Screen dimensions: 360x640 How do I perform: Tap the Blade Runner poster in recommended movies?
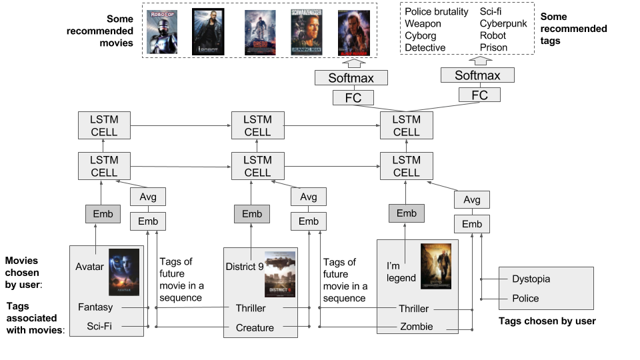(x=353, y=31)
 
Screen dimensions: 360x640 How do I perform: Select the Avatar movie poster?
(x=124, y=271)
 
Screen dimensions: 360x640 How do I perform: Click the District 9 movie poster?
(x=279, y=273)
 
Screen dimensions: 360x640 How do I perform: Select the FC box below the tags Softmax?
(x=480, y=95)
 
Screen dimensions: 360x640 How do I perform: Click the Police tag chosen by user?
(x=525, y=298)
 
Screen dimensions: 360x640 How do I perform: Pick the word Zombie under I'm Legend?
(x=417, y=327)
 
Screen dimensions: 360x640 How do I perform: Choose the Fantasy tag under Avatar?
(x=95, y=307)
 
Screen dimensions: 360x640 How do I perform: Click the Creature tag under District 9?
(x=255, y=327)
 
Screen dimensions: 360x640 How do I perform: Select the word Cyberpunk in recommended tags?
(x=504, y=23)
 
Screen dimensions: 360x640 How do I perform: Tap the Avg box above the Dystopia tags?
(x=471, y=199)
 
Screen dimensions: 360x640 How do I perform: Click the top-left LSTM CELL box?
(x=104, y=125)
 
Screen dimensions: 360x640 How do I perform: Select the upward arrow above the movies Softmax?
(x=352, y=63)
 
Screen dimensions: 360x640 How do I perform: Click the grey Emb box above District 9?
(x=252, y=214)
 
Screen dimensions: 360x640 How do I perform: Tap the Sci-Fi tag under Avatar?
(x=99, y=327)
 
